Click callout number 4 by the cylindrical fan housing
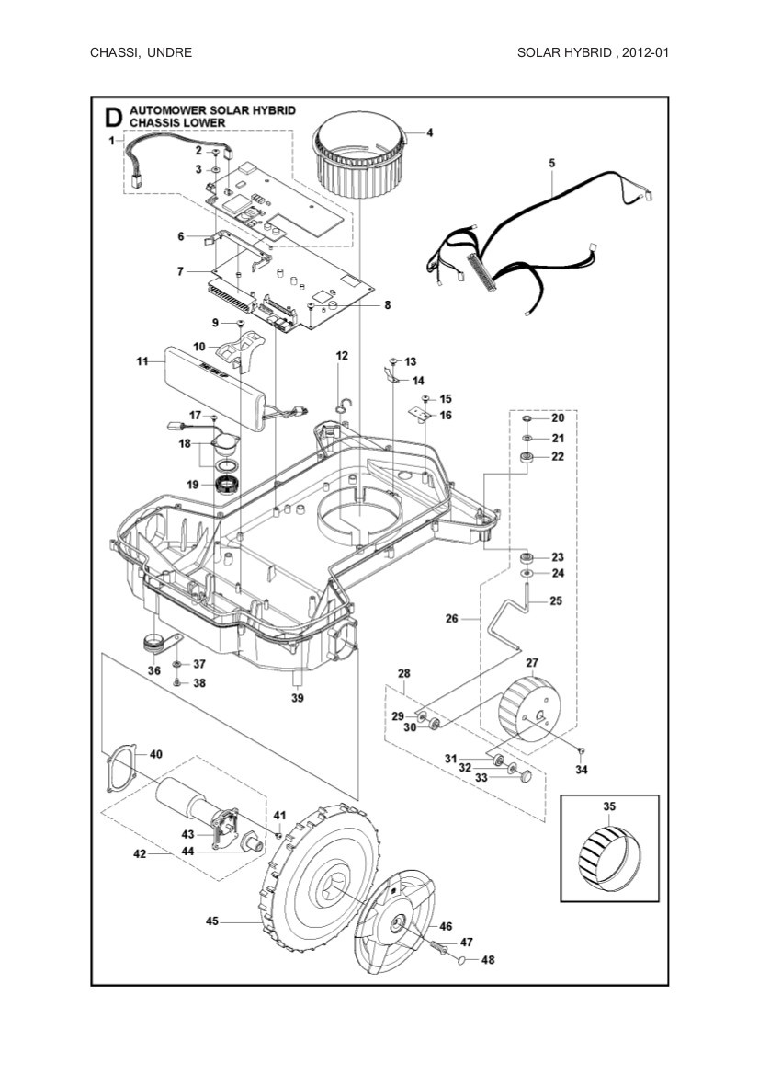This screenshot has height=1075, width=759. [429, 132]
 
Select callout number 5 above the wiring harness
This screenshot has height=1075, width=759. [551, 163]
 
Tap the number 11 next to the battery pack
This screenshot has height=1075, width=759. [142, 362]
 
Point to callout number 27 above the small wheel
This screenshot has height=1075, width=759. [531, 662]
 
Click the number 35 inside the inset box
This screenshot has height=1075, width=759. [609, 806]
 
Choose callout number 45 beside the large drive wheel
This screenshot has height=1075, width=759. [212, 920]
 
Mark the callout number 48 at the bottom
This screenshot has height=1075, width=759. [488, 960]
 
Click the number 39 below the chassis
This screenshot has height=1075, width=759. [296, 699]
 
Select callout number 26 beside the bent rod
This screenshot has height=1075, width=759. [451, 619]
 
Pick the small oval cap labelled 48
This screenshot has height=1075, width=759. [463, 959]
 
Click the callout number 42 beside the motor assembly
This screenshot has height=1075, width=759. [140, 853]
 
